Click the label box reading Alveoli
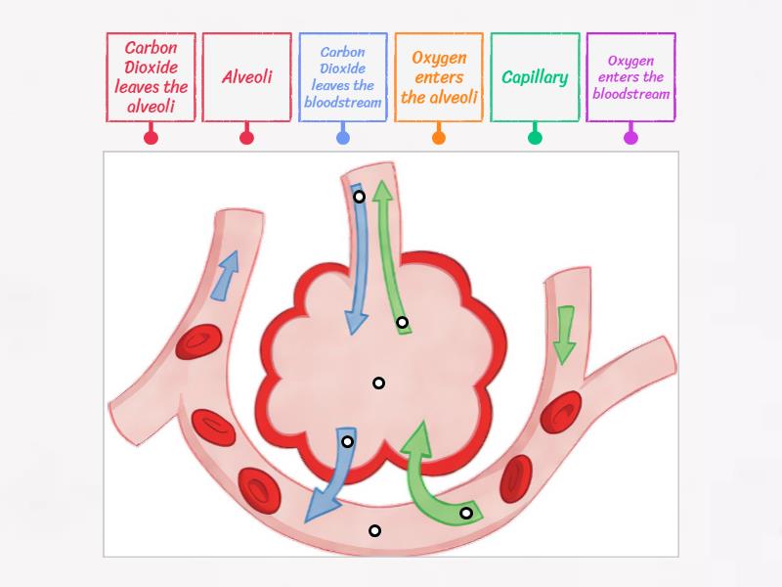[246, 77]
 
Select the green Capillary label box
[535, 77]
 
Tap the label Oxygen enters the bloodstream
[630, 77]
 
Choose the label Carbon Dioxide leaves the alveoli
[151, 77]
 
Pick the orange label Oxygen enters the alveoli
[439, 77]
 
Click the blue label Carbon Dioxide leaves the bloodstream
[343, 77]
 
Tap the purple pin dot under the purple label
[630, 138]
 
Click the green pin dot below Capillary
[535, 138]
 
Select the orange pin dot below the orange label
[439, 138]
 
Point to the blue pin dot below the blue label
[343, 138]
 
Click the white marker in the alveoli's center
[378, 383]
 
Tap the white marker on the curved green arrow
[466, 513]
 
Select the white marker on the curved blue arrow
[347, 442]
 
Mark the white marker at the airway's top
[359, 197]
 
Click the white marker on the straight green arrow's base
[402, 323]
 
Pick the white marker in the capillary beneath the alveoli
[374, 531]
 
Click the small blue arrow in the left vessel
[225, 274]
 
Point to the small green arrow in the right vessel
[564, 334]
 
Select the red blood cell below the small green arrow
[561, 412]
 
